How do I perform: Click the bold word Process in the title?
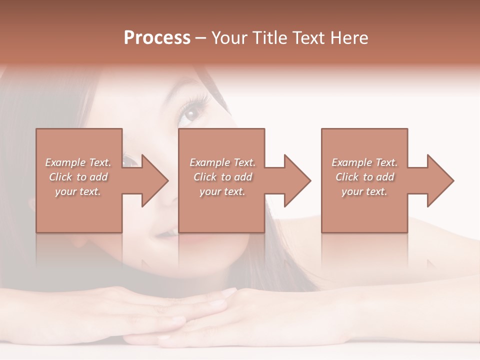(157, 38)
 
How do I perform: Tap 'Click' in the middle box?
(205, 177)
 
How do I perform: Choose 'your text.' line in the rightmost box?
(364, 191)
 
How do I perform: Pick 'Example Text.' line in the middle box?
(222, 162)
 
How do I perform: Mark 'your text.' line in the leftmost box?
(78, 191)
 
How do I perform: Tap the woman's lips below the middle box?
(170, 234)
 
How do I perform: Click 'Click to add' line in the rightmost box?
(364, 177)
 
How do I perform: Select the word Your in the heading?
(230, 38)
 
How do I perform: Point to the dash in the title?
(201, 38)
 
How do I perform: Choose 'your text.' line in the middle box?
(222, 191)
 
